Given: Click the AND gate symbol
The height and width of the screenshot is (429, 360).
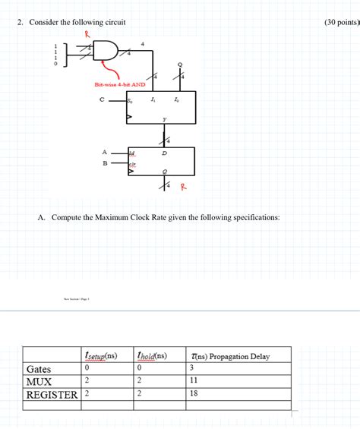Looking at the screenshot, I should (x=107, y=51).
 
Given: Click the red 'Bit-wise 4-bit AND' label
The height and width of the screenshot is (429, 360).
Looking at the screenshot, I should (x=120, y=84).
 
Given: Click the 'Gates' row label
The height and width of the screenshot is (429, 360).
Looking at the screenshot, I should (x=39, y=369).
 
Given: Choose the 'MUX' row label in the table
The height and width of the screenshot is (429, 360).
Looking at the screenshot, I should (x=39, y=382).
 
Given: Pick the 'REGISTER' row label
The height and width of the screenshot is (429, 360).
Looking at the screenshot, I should (x=52, y=395).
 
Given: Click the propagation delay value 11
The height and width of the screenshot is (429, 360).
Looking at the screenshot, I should (x=194, y=382).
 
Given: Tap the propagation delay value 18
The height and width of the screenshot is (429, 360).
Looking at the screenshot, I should (x=194, y=395).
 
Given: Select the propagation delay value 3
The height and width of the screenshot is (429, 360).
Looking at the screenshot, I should (x=192, y=369).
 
